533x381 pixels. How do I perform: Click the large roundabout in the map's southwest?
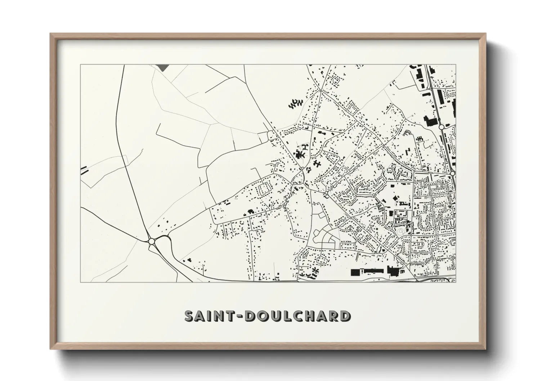(152, 241)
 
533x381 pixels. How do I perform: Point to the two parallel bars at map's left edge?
(84, 170)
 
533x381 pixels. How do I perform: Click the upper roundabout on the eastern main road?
(441, 127)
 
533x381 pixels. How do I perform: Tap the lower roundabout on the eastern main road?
(452, 174)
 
